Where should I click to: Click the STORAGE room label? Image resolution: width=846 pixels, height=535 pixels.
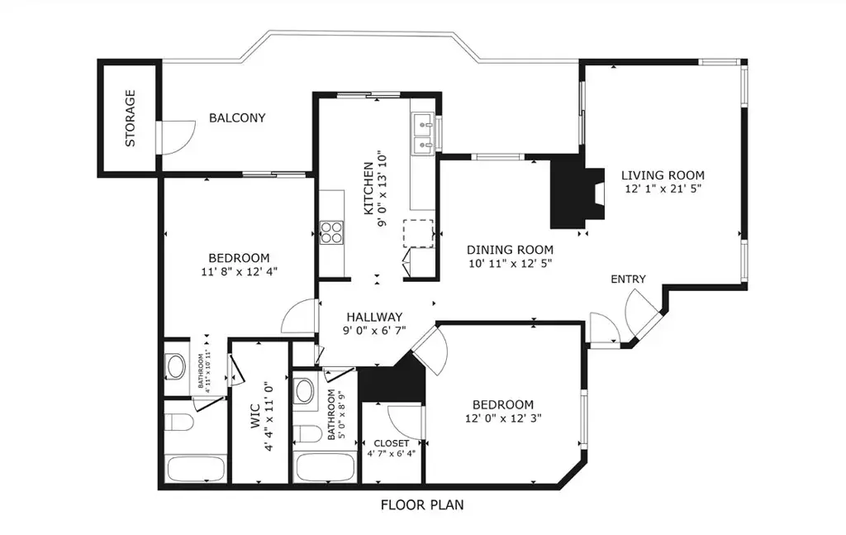[x=130, y=118]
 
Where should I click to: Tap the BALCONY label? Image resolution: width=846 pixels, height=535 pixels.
[x=237, y=117]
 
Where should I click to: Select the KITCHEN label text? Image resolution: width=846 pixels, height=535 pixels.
[x=368, y=189]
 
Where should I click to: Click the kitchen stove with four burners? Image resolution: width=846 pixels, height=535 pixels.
[x=331, y=232]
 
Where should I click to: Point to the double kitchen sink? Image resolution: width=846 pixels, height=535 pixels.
[x=423, y=135]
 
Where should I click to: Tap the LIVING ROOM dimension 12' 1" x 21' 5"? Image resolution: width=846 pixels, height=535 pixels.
[x=663, y=189]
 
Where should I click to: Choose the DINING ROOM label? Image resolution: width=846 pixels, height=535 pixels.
[x=510, y=250]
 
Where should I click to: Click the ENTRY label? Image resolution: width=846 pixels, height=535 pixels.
[x=628, y=279]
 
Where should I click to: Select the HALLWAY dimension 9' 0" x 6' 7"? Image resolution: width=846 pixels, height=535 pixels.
[x=374, y=331]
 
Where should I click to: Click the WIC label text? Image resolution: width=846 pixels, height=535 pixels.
[x=255, y=416]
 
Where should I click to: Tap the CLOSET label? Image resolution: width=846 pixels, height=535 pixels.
[x=391, y=443]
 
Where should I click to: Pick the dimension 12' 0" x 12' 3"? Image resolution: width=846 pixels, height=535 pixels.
[x=503, y=418]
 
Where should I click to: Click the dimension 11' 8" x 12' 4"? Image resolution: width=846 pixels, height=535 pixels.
[x=240, y=271]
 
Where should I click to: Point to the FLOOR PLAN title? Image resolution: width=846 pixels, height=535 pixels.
[x=422, y=505]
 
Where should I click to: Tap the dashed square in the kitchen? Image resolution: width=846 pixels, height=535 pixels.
[x=418, y=233]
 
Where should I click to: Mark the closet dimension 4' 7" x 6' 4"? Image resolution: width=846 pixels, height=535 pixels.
[x=391, y=454]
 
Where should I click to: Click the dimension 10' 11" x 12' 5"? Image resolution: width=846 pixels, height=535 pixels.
[x=510, y=264]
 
